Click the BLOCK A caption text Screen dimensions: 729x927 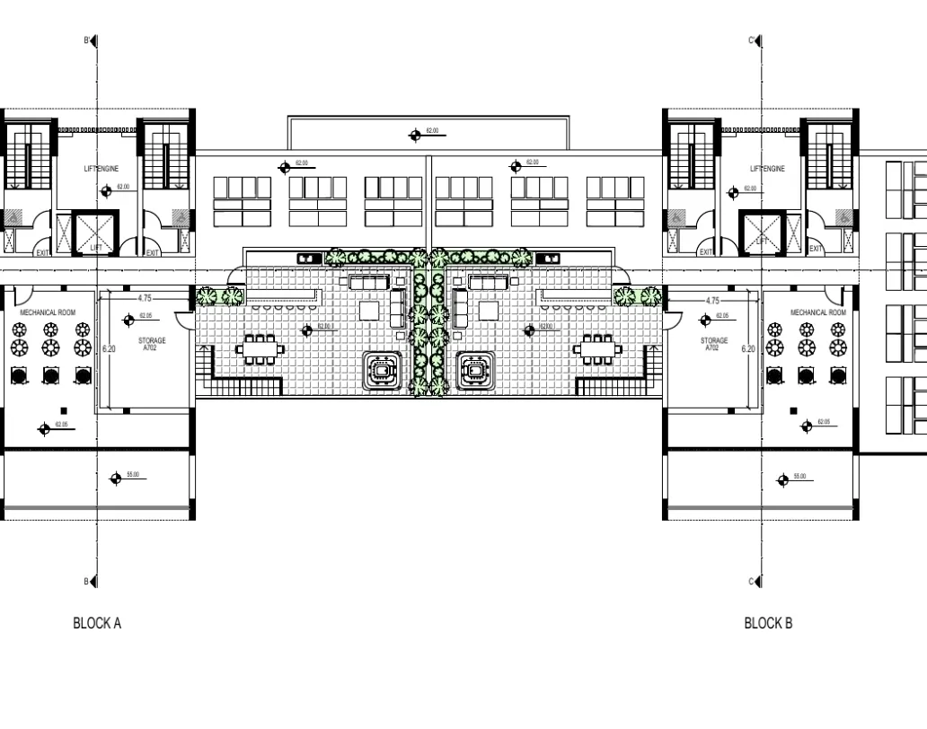[96, 623]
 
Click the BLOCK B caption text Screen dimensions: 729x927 [768, 623]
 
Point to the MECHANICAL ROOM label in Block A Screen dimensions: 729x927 [48, 312]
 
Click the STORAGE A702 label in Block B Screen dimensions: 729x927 [713, 344]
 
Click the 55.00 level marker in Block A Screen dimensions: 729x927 [115, 478]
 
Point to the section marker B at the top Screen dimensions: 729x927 [92, 41]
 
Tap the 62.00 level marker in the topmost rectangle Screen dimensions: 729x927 [415, 135]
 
